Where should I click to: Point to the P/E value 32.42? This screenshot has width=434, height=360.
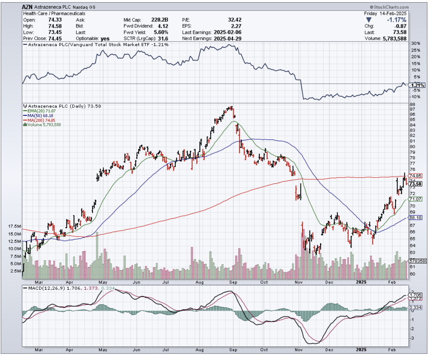233,20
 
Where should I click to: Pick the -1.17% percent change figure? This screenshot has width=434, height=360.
397,20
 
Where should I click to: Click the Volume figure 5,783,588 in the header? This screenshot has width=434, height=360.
394,38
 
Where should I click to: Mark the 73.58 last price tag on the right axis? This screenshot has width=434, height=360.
416,184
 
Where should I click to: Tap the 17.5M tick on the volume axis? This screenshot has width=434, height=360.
15,226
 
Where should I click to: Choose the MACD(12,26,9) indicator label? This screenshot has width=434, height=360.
45,288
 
